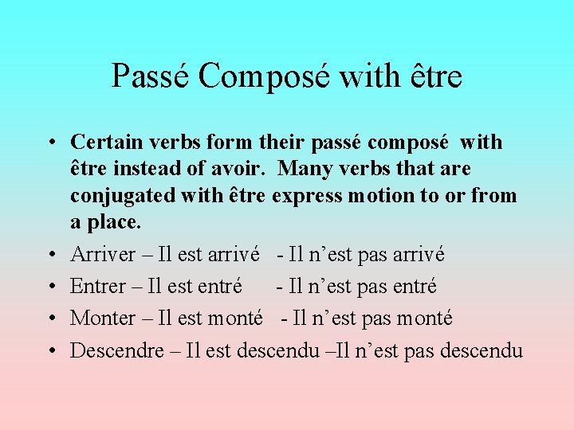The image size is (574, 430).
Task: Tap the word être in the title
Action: [432, 76]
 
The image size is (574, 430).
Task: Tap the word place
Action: [113, 222]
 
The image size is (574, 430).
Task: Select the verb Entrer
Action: [98, 287]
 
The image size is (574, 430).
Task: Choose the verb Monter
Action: [100, 319]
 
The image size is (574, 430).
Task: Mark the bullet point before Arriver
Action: [50, 256]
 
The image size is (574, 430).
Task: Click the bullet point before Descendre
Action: [50, 351]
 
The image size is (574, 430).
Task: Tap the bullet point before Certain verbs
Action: [50, 143]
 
